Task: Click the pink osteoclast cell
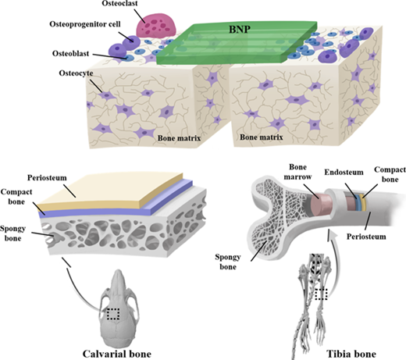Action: click(x=156, y=26)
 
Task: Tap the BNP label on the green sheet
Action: click(x=240, y=30)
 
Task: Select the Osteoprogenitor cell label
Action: click(x=85, y=24)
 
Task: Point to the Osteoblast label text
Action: click(x=71, y=54)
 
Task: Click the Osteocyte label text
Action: click(x=76, y=73)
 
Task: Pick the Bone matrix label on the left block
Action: click(x=179, y=138)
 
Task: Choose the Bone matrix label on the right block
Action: click(x=261, y=137)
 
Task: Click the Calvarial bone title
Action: click(x=117, y=354)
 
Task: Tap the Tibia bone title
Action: click(x=351, y=354)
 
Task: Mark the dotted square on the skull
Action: click(x=113, y=314)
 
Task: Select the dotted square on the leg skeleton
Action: click(x=321, y=294)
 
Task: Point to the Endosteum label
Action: click(x=344, y=173)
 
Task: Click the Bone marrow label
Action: click(x=297, y=172)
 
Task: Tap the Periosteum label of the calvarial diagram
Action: click(x=47, y=178)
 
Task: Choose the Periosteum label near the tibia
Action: click(x=366, y=237)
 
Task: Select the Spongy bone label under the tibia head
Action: click(x=228, y=262)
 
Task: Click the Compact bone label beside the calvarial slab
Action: click(x=16, y=197)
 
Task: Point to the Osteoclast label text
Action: click(x=119, y=4)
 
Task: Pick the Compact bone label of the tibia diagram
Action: click(x=390, y=174)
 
